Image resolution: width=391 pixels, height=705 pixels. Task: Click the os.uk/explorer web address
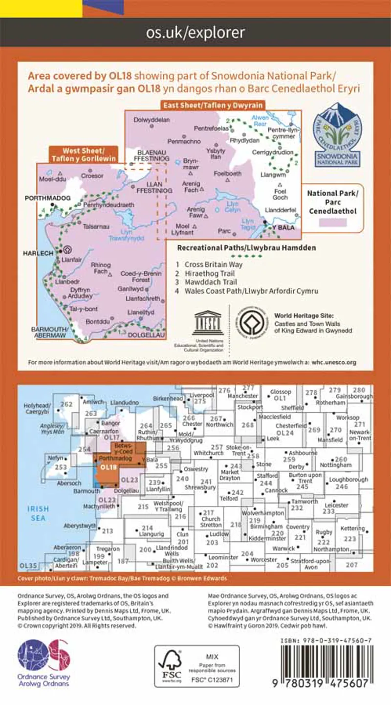pos(195,33)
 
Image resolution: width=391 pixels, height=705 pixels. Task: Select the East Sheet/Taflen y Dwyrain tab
pos(212,105)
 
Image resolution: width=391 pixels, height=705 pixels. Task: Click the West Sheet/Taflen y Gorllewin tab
pos(83,154)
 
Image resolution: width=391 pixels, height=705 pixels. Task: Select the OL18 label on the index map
pos(106,467)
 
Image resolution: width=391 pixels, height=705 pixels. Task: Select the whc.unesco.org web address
pos(333,362)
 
